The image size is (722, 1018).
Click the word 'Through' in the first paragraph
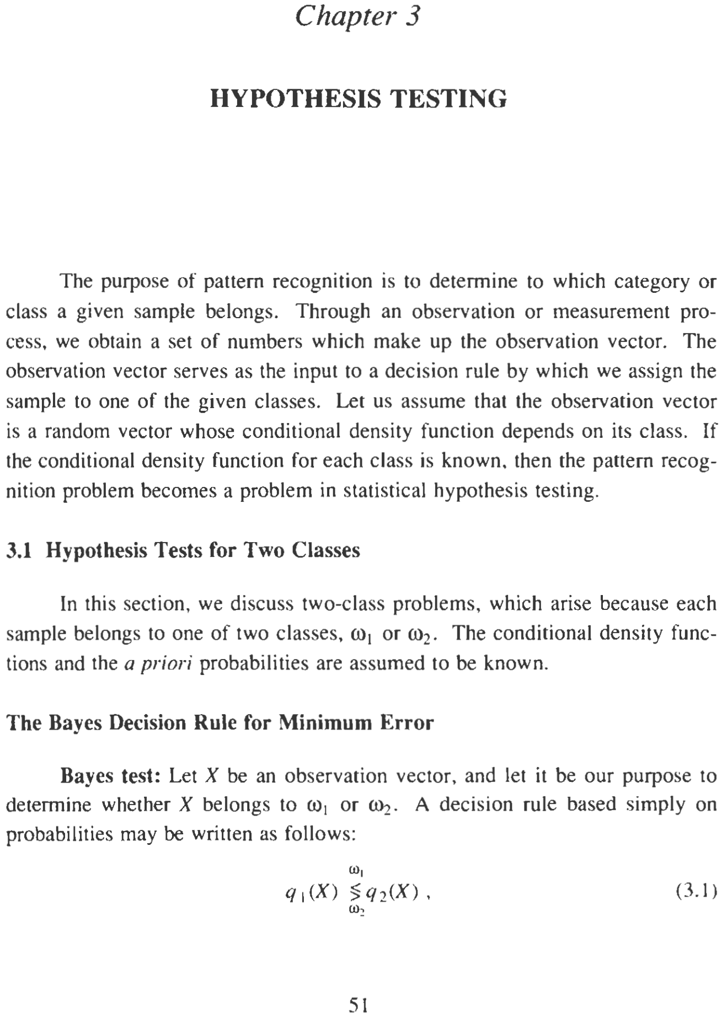click(x=333, y=312)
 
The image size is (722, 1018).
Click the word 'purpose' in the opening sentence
click(x=140, y=282)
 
